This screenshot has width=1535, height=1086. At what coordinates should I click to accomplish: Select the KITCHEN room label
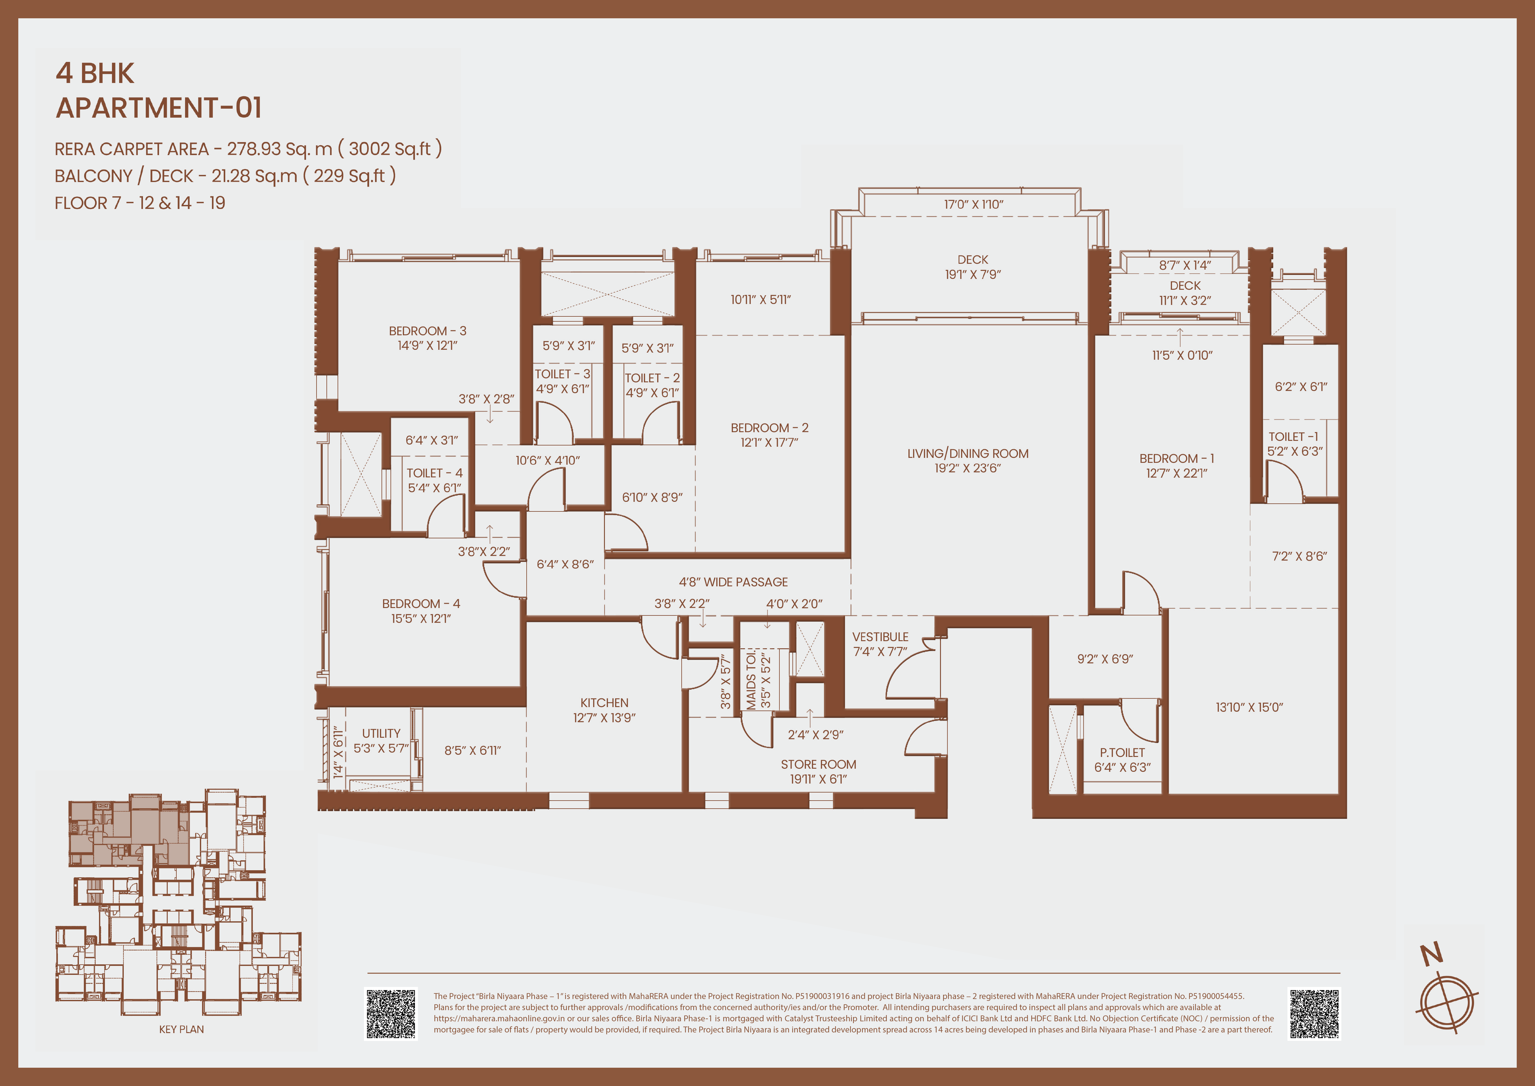click(x=604, y=703)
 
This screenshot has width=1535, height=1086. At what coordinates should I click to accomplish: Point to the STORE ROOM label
click(x=818, y=764)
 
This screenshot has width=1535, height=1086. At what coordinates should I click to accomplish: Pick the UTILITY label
click(x=381, y=734)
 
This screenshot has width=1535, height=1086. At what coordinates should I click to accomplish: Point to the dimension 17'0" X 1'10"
click(x=973, y=205)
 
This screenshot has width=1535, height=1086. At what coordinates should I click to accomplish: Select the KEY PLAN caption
click(x=181, y=1029)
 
